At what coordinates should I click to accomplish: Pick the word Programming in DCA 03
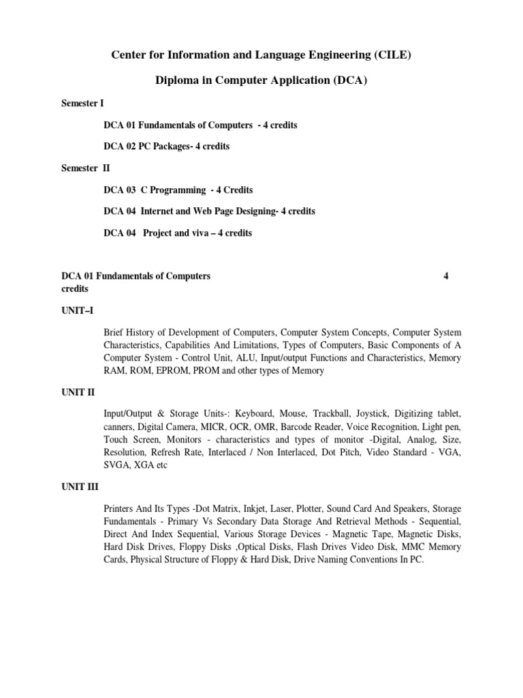173,190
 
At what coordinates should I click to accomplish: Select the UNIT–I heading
77,311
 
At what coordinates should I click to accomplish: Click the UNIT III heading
80,487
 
